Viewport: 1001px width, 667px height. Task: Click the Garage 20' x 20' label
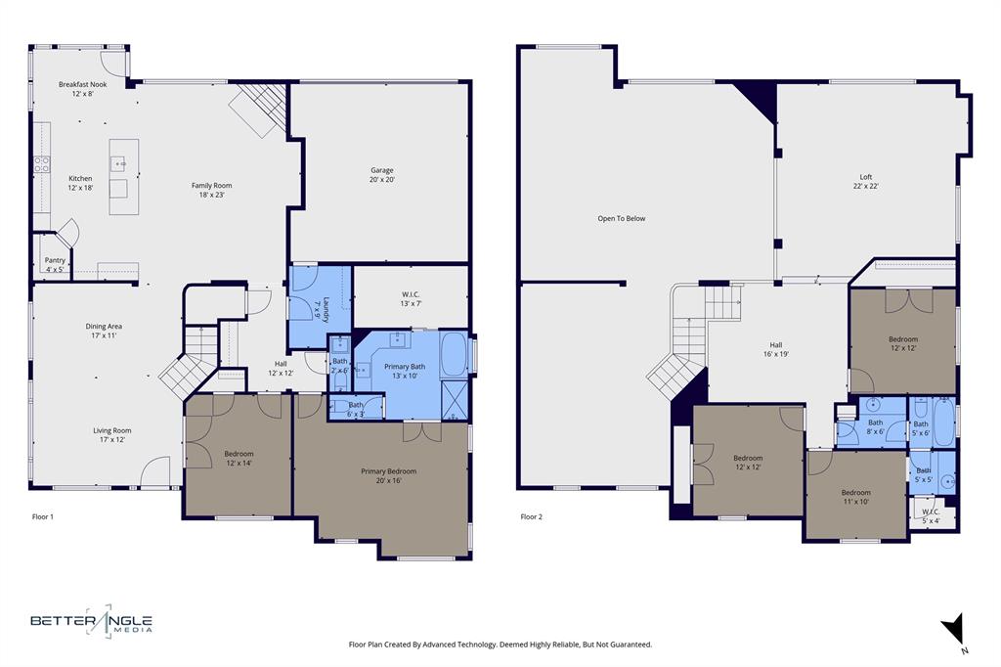pos(381,174)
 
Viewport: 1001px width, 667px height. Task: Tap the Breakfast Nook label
pos(82,89)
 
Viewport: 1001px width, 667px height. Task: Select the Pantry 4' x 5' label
pos(55,264)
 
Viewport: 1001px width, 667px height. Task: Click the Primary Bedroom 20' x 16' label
pos(381,475)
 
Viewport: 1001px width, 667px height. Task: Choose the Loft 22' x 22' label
pos(865,181)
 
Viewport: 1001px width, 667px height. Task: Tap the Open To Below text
pos(622,218)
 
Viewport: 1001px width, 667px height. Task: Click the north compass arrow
pos(953,629)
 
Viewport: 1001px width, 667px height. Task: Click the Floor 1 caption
pos(43,516)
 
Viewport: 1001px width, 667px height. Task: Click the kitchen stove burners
pos(42,164)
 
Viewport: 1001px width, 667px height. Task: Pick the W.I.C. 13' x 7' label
pos(410,299)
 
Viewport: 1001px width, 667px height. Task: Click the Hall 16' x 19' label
pos(776,349)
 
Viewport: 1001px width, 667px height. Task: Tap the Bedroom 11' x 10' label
pos(855,497)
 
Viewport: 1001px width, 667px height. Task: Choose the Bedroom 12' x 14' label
pos(239,458)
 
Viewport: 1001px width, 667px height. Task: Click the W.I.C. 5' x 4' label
pos(931,515)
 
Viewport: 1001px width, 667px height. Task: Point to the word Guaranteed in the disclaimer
pos(625,645)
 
